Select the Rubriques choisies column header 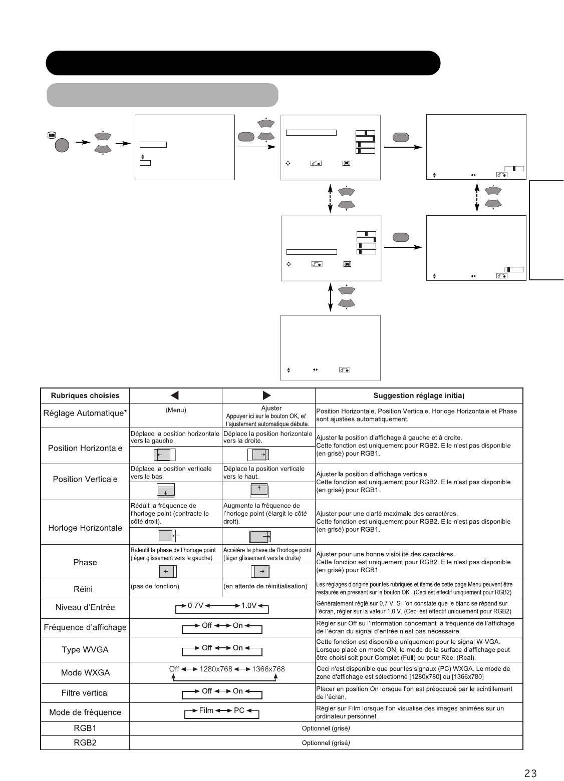point(85,396)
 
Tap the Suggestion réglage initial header point(419,396)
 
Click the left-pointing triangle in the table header point(175,396)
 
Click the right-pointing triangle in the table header point(268,396)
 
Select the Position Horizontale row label point(85,448)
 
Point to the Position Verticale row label point(85,479)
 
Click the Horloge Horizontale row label point(85,528)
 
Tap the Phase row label point(85,562)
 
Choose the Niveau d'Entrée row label point(85,607)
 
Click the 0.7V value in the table point(195,605)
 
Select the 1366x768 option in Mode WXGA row point(268,669)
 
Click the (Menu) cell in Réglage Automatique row point(175,410)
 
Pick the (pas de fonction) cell point(155,586)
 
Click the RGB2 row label point(85,742)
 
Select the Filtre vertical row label point(85,693)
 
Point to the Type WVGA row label point(85,650)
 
